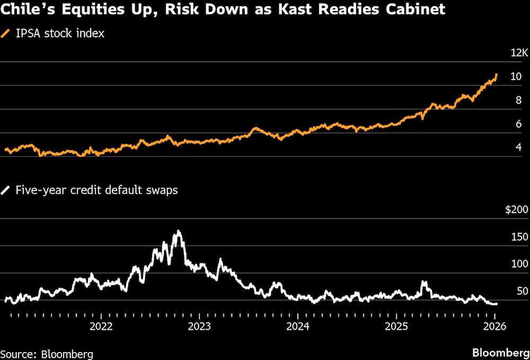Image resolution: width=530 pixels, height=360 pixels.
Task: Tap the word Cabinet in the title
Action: [x=416, y=9]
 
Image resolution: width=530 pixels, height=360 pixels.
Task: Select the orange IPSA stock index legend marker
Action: [x=6, y=33]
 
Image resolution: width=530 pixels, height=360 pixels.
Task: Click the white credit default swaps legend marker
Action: [x=6, y=190]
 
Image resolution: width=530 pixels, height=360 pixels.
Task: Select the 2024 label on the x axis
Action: [x=298, y=326]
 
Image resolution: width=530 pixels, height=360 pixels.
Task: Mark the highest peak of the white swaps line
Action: [x=179, y=231]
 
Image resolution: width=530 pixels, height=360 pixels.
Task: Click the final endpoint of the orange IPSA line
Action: [x=497, y=75]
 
